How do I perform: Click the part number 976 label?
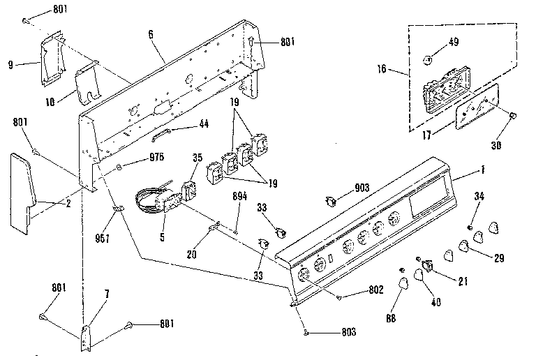[x=156, y=157]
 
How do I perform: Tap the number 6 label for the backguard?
[x=151, y=34]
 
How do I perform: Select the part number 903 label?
[x=362, y=188]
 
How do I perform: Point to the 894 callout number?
[x=239, y=196]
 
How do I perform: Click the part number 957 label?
[x=102, y=238]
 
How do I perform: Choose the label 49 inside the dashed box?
[x=453, y=42]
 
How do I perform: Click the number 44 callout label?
[x=204, y=123]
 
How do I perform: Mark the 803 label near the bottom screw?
[x=349, y=331]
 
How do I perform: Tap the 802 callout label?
[x=376, y=290]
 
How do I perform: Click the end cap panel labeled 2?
[x=21, y=194]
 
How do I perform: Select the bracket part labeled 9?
[x=53, y=58]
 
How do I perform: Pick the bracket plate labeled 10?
[x=87, y=84]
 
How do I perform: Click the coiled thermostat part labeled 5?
[x=158, y=201]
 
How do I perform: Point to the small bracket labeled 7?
[x=86, y=338]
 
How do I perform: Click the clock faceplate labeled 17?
[x=476, y=106]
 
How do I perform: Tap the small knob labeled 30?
[x=512, y=115]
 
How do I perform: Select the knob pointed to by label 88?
[x=403, y=283]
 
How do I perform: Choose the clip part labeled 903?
[x=331, y=202]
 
